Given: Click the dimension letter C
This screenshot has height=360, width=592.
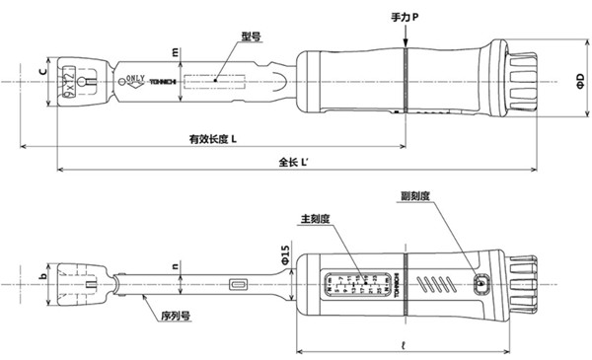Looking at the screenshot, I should [42, 72].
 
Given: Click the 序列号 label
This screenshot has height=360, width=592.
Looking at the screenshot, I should [175, 320].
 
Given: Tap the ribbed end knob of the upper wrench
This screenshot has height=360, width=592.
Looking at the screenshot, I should [524, 80].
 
